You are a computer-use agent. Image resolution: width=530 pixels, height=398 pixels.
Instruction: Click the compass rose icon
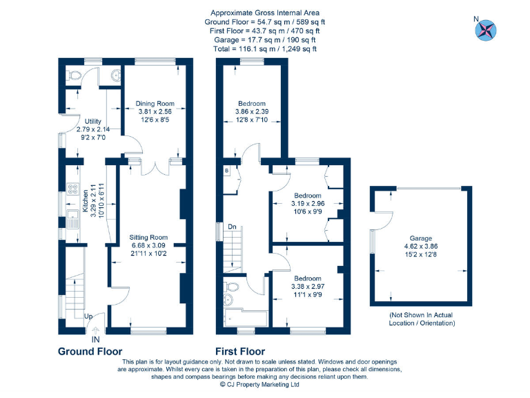click(487, 29)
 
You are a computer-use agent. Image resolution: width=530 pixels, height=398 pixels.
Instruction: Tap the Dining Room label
click(155, 104)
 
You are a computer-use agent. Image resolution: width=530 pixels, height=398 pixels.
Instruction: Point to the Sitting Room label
click(149, 237)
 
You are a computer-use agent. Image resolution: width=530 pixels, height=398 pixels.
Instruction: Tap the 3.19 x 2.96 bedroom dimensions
click(308, 204)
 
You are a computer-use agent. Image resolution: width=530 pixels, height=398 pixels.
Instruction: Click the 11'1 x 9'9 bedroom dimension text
click(307, 295)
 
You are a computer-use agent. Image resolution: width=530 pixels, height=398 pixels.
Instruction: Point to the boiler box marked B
click(225, 170)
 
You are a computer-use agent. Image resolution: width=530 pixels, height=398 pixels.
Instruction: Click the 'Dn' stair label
click(232, 226)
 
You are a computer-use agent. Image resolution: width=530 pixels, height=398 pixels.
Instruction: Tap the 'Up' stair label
click(88, 316)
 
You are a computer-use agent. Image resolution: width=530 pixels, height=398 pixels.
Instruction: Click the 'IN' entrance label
click(95, 339)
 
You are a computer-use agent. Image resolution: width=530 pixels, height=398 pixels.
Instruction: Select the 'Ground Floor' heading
click(90, 352)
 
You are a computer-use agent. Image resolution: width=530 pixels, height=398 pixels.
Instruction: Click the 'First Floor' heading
click(240, 352)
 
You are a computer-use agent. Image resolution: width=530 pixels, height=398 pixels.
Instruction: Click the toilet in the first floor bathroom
click(232, 285)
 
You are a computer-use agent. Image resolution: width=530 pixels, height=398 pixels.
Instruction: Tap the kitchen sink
click(72, 220)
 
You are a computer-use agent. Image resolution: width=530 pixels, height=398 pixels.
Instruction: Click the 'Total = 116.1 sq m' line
click(265, 49)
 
